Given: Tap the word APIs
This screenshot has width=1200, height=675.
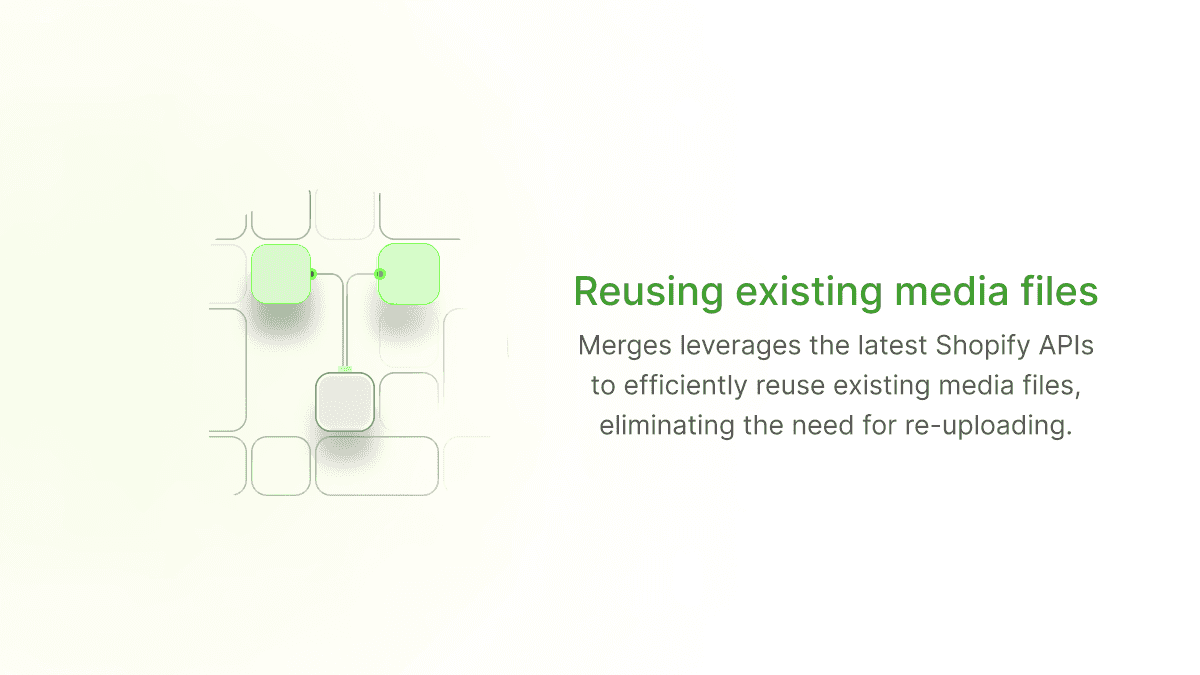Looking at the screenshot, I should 1062,347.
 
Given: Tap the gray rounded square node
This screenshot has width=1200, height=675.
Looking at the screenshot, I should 345,401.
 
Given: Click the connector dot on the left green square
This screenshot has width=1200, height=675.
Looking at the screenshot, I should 312,273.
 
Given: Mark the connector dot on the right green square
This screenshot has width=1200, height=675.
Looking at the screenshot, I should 379,273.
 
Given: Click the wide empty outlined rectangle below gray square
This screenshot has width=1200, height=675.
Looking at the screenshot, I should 377,466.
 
